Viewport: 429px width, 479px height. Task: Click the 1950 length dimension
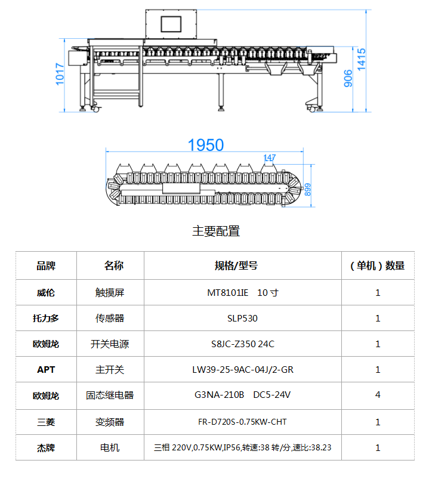coord(206,145)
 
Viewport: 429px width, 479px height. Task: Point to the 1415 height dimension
coord(362,59)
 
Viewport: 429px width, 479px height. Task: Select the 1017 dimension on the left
coord(60,74)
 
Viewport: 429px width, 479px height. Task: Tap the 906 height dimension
coord(348,78)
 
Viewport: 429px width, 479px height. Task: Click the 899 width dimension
coord(307,190)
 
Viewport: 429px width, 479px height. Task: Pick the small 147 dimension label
coord(270,157)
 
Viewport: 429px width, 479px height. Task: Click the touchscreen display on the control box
coord(171,24)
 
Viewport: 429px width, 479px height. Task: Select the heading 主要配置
coord(216,231)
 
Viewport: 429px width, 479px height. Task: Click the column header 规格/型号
coord(236,265)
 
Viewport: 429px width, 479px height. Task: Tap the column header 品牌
coord(46,265)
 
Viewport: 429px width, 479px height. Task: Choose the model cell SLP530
coord(242,319)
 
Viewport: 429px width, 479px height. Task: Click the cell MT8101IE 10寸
coord(243,293)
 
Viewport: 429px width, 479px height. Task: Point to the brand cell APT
coord(46,370)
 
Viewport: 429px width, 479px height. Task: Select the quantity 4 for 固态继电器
coord(378,395)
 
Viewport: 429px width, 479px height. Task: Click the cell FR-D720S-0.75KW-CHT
coord(242,422)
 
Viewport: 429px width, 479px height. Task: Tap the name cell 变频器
coord(110,422)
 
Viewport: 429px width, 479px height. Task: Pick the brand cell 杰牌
coord(46,448)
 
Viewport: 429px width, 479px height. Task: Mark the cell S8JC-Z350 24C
coord(243,344)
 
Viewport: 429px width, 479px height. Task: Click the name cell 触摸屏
coord(110,293)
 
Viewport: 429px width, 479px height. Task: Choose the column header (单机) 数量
coord(377,265)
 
